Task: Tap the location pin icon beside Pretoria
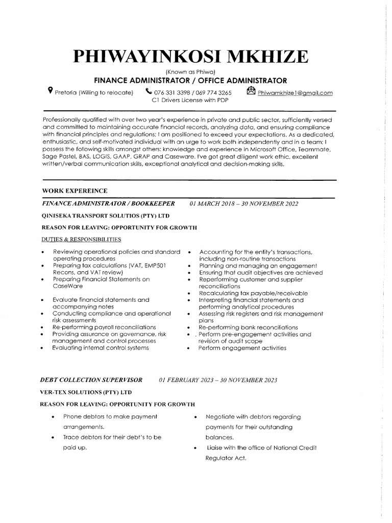[x=50, y=91]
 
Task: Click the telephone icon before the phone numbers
[x=148, y=92]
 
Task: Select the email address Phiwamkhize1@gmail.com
[x=295, y=92]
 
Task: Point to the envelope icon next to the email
[x=251, y=91]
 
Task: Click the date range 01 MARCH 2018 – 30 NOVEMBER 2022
[x=244, y=203]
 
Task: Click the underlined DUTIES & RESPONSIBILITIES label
[x=81, y=239]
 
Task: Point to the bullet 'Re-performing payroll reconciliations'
[x=104, y=327]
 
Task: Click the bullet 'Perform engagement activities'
[x=242, y=348]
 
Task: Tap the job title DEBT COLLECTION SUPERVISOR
[x=91, y=380]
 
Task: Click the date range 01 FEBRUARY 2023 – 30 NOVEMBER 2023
[x=218, y=380]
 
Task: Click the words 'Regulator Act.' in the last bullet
[x=226, y=458]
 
